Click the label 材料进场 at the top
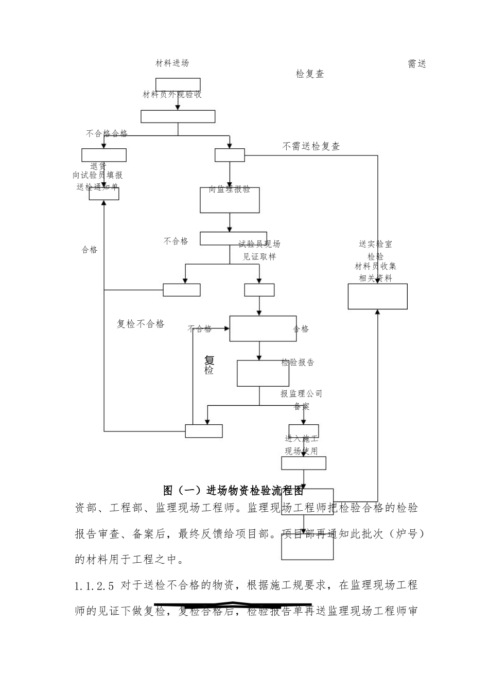click(x=172, y=63)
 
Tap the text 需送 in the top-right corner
click(x=417, y=64)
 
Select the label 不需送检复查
click(x=311, y=146)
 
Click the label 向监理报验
click(x=230, y=189)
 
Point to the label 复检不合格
click(x=141, y=324)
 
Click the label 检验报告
click(x=298, y=362)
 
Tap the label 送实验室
click(x=375, y=244)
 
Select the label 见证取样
click(x=259, y=256)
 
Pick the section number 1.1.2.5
click(x=95, y=585)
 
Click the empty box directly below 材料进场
click(x=178, y=84)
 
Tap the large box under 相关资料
click(x=377, y=296)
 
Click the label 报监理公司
click(x=301, y=394)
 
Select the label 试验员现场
click(x=259, y=244)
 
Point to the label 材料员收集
click(x=375, y=266)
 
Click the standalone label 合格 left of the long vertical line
click(x=90, y=250)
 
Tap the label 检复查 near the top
click(x=310, y=74)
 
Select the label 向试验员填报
click(x=98, y=176)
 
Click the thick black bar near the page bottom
click(x=233, y=603)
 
